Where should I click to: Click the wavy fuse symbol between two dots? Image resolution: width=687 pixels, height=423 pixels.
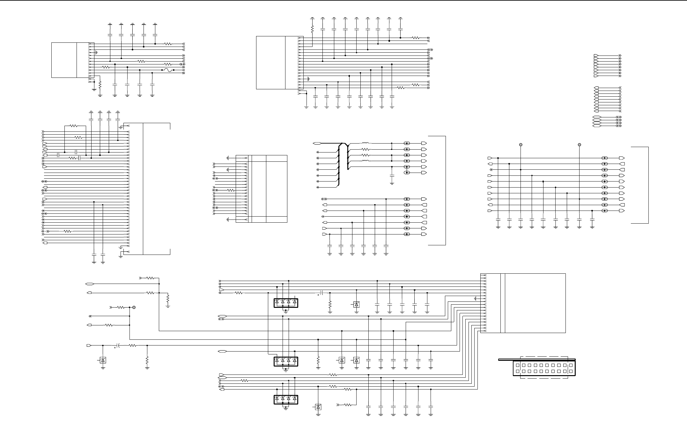(168, 70)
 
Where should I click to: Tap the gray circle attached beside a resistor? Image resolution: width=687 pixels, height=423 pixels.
(134, 308)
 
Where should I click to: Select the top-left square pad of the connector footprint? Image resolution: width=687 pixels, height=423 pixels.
(517, 365)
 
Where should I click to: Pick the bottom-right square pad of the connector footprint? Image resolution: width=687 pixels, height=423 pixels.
(571, 371)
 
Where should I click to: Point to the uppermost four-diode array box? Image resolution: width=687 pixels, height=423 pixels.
(286, 303)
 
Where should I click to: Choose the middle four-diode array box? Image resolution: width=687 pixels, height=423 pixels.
(286, 361)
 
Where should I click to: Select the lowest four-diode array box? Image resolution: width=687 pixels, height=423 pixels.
(286, 399)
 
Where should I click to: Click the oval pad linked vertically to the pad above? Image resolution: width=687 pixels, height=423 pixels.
(407, 173)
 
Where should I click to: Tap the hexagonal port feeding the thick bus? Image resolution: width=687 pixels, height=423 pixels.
(317, 143)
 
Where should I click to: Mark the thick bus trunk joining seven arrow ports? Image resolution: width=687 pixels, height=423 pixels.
(339, 166)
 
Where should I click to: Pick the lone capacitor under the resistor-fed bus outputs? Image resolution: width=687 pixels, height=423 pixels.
(392, 176)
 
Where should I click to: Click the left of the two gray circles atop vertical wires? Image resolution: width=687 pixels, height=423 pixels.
(521, 145)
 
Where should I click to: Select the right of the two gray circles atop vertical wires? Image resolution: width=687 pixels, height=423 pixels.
(580, 145)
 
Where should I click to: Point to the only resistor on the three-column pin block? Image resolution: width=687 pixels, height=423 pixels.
(231, 190)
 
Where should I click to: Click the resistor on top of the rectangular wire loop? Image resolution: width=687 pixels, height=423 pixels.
(74, 126)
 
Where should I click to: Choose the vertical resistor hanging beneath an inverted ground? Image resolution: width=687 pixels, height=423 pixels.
(312, 29)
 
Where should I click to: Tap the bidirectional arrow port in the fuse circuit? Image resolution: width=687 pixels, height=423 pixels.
(182, 64)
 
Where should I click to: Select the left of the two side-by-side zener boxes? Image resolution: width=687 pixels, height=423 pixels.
(342, 360)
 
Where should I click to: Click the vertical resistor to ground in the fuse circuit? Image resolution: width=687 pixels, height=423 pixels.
(100, 85)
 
